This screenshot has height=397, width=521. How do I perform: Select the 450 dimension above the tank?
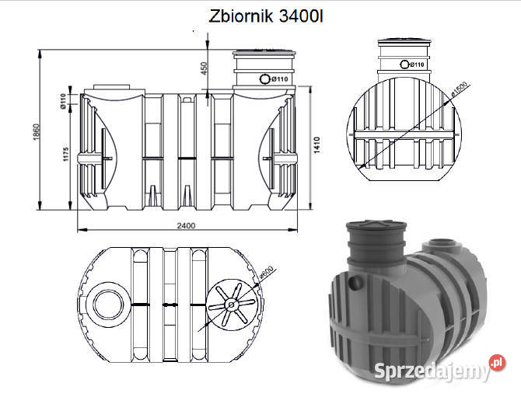(x=205, y=70)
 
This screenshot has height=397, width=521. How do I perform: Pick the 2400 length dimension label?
(x=185, y=225)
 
